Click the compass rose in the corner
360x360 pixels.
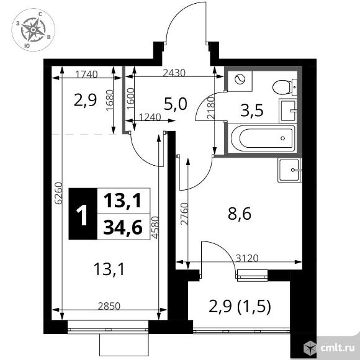(34, 30)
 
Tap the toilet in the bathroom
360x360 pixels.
(285, 87)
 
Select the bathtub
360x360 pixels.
(263, 138)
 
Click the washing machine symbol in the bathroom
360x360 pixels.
(240, 79)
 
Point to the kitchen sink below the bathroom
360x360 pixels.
(289, 170)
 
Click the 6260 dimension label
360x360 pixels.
(58, 193)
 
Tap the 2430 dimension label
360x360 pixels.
(174, 73)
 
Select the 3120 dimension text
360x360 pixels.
(247, 258)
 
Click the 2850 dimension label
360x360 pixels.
(109, 306)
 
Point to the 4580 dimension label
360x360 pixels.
(155, 228)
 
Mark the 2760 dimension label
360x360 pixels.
(184, 214)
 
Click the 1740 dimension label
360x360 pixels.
(86, 74)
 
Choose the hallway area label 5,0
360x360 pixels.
(176, 104)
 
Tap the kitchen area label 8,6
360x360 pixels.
(240, 214)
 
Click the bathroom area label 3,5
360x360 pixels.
(251, 110)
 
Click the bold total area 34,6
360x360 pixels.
(123, 227)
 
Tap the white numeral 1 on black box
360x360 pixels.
(82, 215)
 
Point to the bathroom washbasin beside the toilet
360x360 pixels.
(288, 110)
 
